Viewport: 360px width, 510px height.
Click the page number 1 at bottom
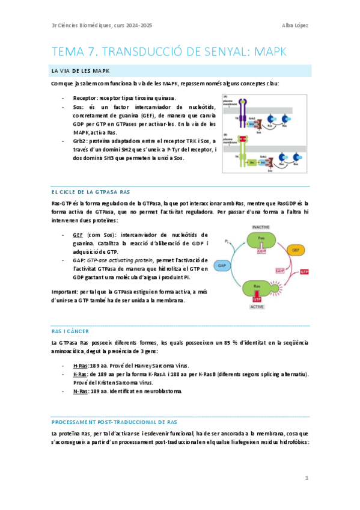[x=307, y=478]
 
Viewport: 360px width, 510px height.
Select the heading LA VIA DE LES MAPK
[x=78, y=72]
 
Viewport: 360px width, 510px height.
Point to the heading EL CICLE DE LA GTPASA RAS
[x=91, y=192]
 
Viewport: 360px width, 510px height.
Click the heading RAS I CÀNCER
[x=70, y=331]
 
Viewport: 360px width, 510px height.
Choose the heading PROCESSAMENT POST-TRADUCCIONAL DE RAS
[x=114, y=422]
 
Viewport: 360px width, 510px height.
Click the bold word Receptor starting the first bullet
[x=85, y=98]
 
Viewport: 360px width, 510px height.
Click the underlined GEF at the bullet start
[x=78, y=235]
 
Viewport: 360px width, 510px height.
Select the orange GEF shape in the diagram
[x=296, y=249]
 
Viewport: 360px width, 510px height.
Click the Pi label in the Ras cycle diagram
[x=227, y=242]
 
